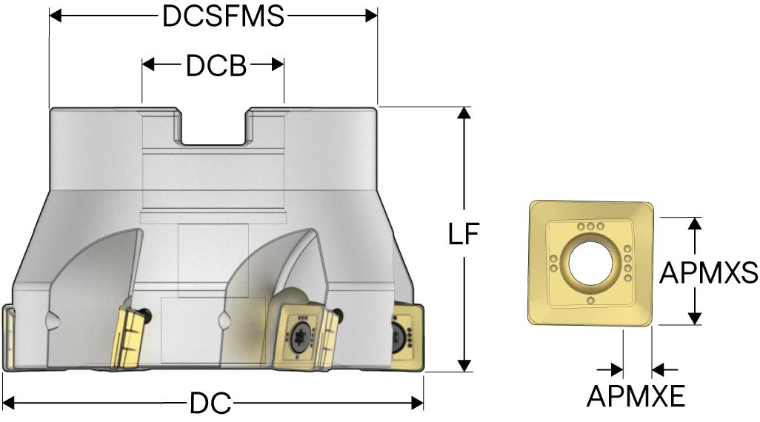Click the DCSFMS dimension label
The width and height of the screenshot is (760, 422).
[x=223, y=16]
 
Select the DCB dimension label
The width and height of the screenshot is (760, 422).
[x=216, y=65]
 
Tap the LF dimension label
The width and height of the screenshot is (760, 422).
[x=464, y=233]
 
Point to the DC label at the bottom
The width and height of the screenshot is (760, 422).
[x=210, y=403]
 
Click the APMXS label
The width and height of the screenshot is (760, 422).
[x=709, y=272]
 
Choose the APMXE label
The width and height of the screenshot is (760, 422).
[x=636, y=396]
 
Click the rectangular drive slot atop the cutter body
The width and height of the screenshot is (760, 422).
[x=213, y=127]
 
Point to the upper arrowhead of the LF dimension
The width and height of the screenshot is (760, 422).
[x=464, y=113]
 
